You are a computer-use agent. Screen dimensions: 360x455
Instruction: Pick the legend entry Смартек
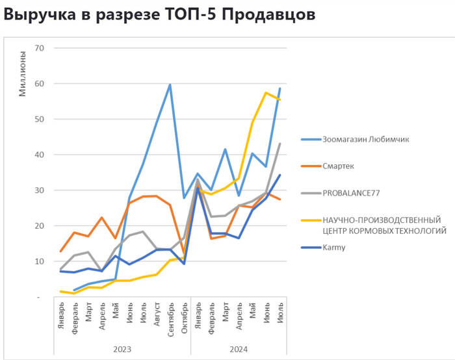(x=338, y=166)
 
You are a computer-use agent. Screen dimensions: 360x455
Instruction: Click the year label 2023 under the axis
(x=122, y=349)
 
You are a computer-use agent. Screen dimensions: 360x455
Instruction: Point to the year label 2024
(x=239, y=349)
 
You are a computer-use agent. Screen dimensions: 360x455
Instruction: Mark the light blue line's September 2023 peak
(x=170, y=84)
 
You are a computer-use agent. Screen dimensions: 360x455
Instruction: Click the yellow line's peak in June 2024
(x=266, y=93)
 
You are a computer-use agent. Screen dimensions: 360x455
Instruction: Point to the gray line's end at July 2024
(x=279, y=144)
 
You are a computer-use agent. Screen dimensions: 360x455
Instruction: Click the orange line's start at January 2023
(x=61, y=251)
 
